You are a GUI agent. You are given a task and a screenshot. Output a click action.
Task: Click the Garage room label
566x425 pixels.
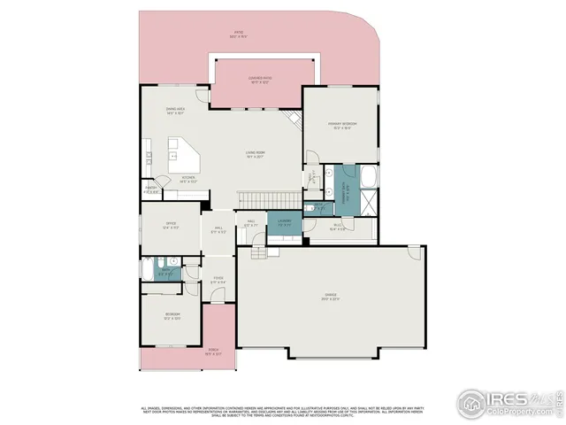(x=330, y=296)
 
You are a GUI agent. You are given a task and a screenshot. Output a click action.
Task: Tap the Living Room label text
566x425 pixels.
(x=256, y=156)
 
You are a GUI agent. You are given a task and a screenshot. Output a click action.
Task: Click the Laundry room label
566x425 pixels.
(x=284, y=222)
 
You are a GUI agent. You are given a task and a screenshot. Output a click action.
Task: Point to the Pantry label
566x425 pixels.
(x=152, y=189)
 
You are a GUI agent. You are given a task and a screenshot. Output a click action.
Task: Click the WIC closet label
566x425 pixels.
(x=338, y=227)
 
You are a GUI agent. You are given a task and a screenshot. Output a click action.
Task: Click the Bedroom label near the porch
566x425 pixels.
(x=172, y=315)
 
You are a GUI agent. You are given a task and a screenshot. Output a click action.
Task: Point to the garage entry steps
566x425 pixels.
(x=257, y=254)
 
